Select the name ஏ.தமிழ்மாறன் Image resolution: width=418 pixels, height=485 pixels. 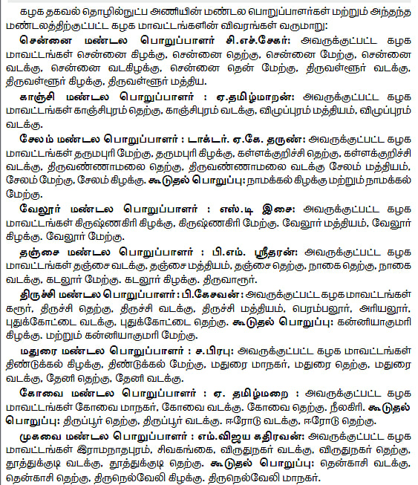[x=256, y=97]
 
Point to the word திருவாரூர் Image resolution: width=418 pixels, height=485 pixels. [x=232, y=279]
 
